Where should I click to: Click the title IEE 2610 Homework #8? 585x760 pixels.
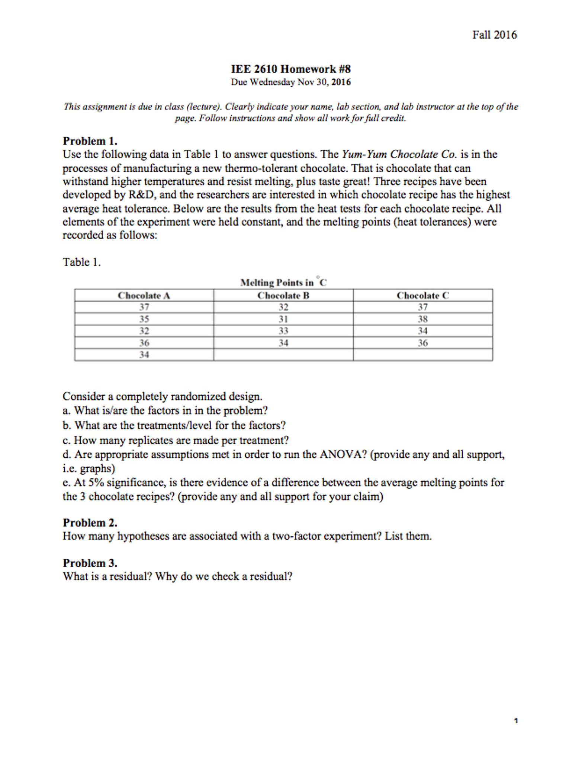(290, 69)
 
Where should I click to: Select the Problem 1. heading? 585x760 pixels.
(90, 141)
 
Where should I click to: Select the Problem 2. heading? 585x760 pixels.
(90, 523)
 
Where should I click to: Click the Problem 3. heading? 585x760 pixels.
(90, 563)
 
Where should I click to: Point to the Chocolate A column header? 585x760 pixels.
(144, 296)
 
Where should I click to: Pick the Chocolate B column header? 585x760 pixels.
(283, 296)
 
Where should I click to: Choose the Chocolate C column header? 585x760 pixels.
(422, 296)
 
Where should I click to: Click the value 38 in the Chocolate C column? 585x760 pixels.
(422, 319)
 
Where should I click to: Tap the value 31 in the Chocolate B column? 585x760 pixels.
(283, 319)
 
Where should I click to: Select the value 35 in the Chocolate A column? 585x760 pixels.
(144, 319)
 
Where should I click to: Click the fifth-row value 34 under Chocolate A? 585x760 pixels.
(144, 355)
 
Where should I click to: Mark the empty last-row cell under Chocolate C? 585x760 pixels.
(422, 355)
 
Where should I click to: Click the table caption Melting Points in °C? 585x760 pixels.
(283, 283)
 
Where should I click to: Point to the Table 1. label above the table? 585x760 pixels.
(81, 262)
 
